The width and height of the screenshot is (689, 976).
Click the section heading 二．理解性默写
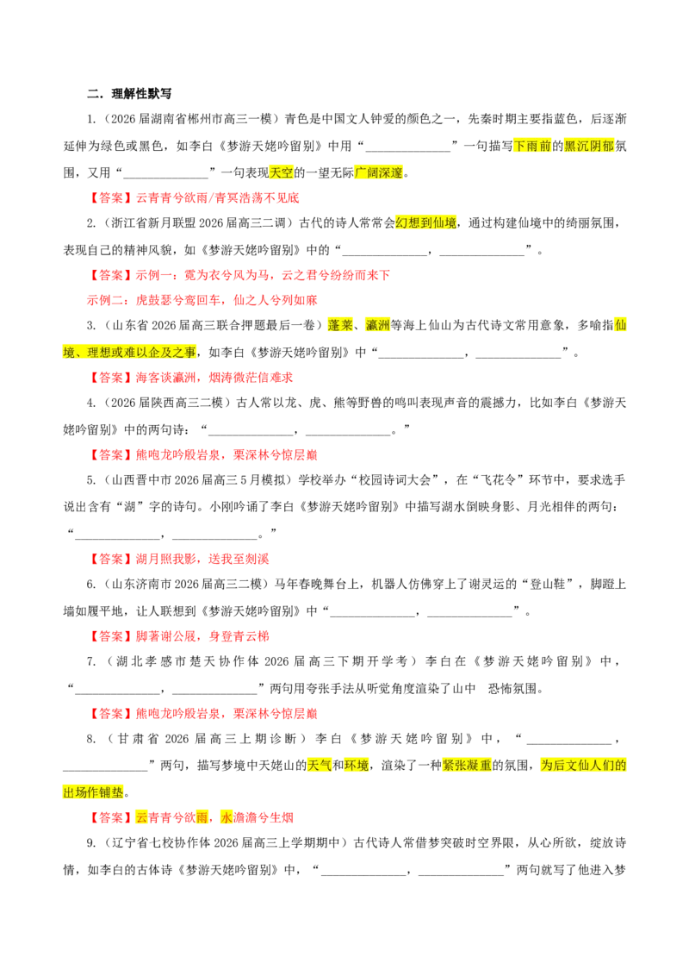click(129, 94)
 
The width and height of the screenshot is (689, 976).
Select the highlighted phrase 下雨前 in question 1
click(532, 147)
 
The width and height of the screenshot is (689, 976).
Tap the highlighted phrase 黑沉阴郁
click(589, 147)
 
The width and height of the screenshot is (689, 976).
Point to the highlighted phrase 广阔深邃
click(379, 173)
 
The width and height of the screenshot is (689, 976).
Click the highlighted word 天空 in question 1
click(281, 173)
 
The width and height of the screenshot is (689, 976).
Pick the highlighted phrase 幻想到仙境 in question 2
click(426, 222)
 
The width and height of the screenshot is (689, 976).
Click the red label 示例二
click(105, 300)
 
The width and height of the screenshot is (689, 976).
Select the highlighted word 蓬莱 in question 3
click(340, 325)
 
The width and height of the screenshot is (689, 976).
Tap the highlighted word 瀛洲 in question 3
click(377, 325)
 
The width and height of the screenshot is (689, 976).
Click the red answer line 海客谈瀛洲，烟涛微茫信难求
click(214, 378)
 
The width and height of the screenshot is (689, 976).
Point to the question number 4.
click(90, 403)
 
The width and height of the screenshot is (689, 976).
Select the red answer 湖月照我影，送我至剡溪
click(202, 559)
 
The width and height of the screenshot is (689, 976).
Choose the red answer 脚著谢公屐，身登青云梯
click(202, 636)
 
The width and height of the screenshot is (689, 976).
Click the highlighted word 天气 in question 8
click(320, 765)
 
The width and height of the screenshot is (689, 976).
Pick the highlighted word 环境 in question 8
click(357, 765)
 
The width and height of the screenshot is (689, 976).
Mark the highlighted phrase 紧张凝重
click(467, 765)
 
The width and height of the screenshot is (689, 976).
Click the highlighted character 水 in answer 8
click(227, 817)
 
